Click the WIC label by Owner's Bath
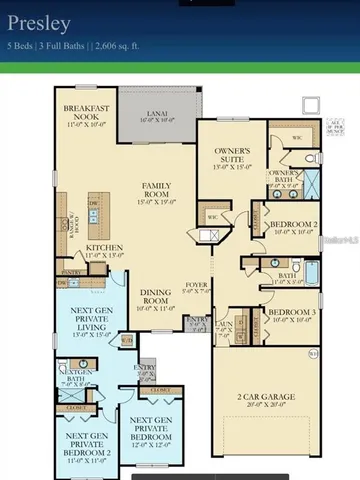pyautogui.click(x=297, y=137)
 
